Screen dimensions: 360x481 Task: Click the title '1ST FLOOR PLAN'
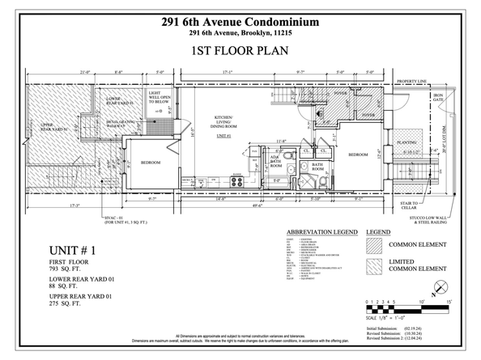pyautogui.click(x=240, y=51)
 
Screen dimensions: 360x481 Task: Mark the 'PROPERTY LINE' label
pyautogui.click(x=412, y=82)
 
